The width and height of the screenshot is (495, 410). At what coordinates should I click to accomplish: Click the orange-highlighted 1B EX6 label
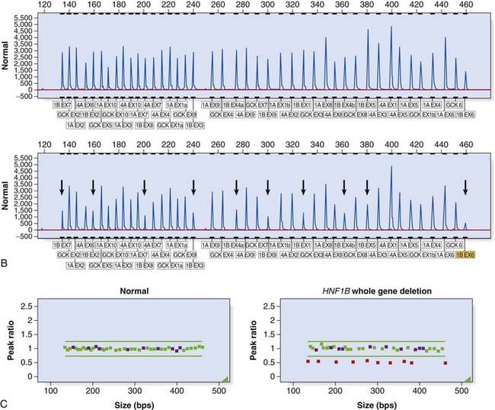tap(465, 264)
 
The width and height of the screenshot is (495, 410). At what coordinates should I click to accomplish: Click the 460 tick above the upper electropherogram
tap(465, 5)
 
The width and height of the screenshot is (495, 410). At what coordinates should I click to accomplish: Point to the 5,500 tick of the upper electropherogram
tap(22, 16)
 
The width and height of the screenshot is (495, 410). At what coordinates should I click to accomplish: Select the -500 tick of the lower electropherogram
tap(23, 237)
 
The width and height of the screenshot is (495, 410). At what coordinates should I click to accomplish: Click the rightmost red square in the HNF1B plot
tap(445, 363)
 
